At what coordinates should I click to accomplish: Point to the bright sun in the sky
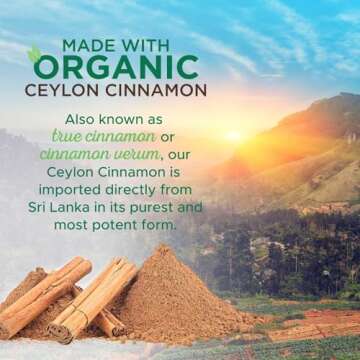point(236,135)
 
